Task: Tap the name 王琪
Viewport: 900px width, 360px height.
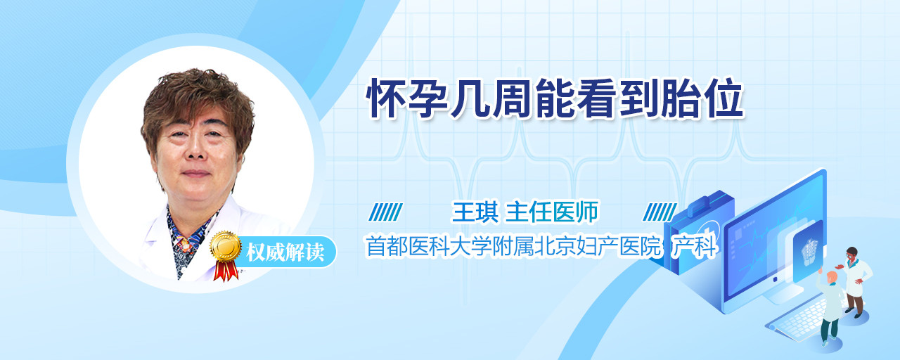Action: [x=475, y=212]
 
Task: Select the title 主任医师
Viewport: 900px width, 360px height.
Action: [x=552, y=212]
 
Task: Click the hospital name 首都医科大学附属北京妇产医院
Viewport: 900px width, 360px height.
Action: [x=513, y=246]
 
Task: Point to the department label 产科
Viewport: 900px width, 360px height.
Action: [x=695, y=246]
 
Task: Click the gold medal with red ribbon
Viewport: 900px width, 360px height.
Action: [x=226, y=255]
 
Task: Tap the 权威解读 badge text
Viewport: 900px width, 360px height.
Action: [x=285, y=252]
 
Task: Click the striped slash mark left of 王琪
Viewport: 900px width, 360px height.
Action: [x=385, y=212]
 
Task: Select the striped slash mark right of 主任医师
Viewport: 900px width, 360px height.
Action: [x=660, y=212]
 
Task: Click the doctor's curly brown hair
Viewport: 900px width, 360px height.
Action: [x=197, y=101]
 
